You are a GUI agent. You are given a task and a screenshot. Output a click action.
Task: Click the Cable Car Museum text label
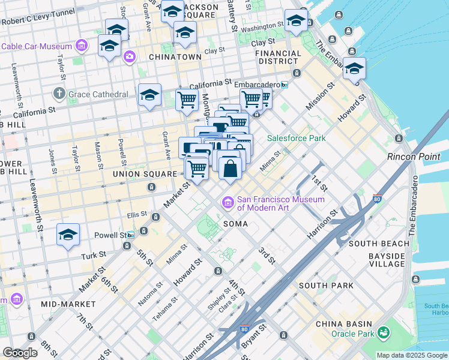click(36, 46)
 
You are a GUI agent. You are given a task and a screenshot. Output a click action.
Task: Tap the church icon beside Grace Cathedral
click(59, 94)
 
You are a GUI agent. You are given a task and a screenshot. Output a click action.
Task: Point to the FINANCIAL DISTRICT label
click(278, 57)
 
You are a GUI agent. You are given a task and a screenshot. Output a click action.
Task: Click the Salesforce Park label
click(296, 138)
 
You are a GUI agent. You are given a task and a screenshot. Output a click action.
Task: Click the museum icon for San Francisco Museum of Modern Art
click(228, 203)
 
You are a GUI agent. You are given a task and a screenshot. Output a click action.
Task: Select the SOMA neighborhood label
click(235, 223)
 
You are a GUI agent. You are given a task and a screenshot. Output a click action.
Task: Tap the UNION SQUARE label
click(143, 174)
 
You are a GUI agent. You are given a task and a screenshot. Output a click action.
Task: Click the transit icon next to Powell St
click(144, 231)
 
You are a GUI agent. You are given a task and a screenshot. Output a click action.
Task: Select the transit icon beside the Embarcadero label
click(285, 85)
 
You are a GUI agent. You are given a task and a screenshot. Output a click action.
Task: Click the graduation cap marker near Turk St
click(68, 235)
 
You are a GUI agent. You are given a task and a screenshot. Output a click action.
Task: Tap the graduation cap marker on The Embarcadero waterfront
click(354, 69)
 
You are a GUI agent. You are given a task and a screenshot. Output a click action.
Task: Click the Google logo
click(20, 353)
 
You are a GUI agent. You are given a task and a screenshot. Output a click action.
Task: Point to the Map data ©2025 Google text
click(412, 355)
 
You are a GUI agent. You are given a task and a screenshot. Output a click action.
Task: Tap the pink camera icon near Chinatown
click(130, 57)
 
